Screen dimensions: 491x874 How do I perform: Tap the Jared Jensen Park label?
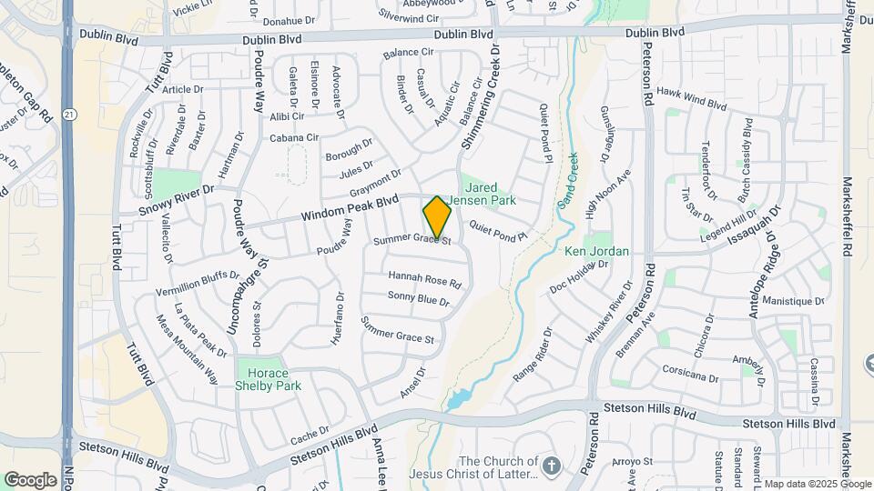[x=492, y=194]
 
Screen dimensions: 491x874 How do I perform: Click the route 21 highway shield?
[x=70, y=113]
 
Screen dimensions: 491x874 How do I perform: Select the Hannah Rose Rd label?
[x=424, y=279]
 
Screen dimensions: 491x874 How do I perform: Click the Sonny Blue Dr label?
[x=419, y=298]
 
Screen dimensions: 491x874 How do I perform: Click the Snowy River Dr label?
[x=176, y=201]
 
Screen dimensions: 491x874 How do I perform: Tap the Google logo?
[x=30, y=479]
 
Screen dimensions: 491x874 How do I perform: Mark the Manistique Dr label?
[x=793, y=301]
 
